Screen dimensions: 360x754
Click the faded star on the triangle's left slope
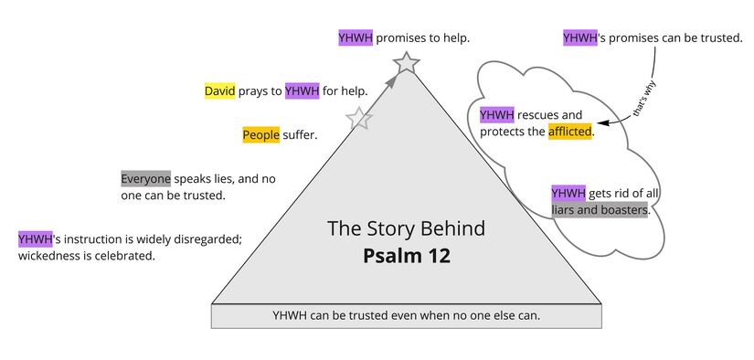point(359,119)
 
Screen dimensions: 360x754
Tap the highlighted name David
point(219,91)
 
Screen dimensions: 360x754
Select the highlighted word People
point(260,135)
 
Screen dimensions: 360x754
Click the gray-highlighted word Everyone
point(145,179)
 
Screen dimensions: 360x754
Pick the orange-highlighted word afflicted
point(570,132)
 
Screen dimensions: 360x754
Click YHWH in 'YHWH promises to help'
point(356,38)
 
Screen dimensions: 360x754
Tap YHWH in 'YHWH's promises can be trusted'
point(580,38)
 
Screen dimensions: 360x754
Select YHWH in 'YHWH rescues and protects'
point(497,115)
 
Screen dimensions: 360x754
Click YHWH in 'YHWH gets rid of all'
point(568,194)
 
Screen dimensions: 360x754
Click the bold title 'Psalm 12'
point(406,256)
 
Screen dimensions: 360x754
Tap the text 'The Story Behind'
point(406,228)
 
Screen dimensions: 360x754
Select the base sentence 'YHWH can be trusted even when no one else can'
point(406,315)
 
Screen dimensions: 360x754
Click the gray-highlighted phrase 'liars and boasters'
point(600,210)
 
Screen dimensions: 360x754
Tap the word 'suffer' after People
point(300,135)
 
